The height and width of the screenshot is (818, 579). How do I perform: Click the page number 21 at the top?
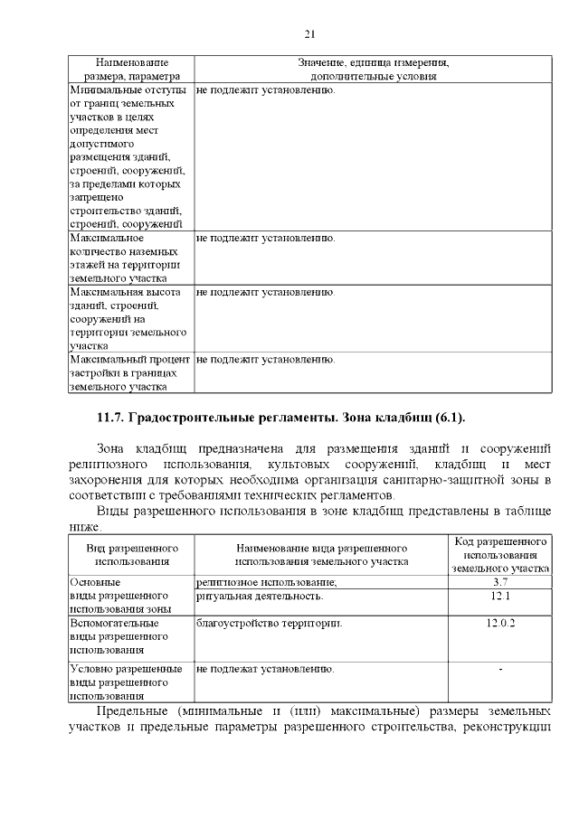click(308, 34)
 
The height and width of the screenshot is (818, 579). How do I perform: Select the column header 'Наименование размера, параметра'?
click(131, 70)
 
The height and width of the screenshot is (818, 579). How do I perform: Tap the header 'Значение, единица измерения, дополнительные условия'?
click(373, 70)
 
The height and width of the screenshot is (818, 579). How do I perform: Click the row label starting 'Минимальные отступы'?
click(128, 157)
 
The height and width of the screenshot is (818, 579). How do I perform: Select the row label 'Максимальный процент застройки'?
click(128, 372)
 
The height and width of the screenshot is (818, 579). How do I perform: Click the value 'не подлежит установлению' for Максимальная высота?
click(265, 293)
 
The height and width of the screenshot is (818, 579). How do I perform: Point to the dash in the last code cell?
click(500, 670)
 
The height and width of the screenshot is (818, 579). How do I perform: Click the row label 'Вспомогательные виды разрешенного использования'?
click(115, 636)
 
